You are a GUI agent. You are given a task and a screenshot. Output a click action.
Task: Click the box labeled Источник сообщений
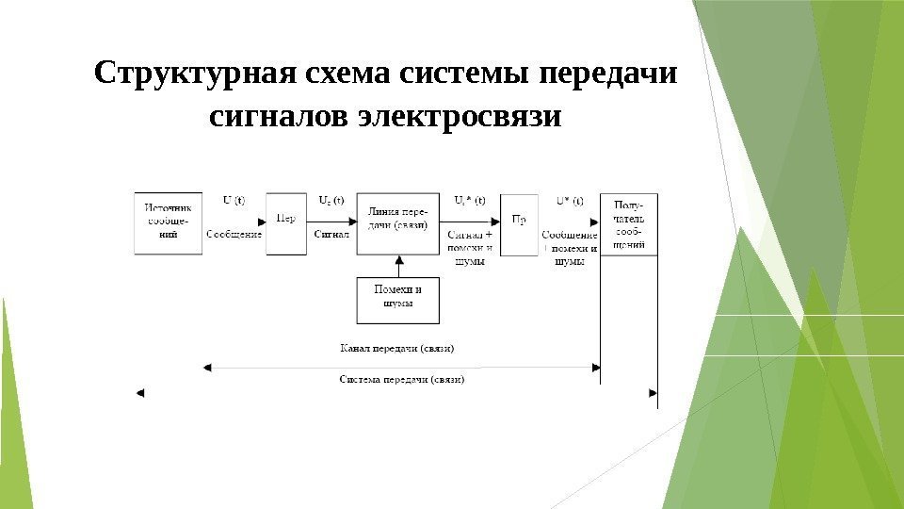(169, 223)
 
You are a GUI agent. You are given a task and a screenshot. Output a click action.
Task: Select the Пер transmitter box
(286, 223)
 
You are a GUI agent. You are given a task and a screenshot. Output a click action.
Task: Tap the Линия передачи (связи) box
(397, 223)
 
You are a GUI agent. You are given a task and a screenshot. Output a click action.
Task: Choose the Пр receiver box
(519, 223)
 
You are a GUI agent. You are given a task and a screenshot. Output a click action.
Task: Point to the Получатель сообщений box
(629, 223)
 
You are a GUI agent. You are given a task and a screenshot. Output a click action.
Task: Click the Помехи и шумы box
(397, 298)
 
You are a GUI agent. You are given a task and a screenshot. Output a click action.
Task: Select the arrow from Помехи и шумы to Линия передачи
(397, 265)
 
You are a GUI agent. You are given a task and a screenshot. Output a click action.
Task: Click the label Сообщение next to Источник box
(234, 233)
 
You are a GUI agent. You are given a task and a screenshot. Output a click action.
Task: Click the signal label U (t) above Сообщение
(234, 200)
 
